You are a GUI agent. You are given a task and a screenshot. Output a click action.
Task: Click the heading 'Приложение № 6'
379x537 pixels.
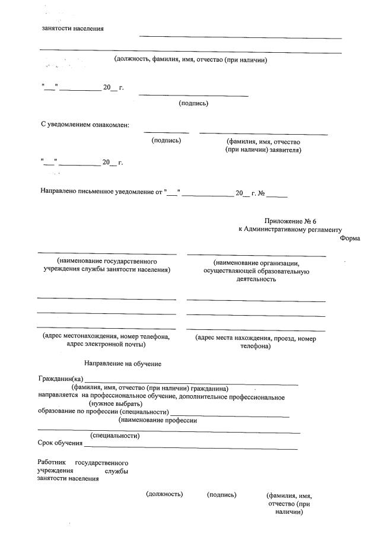click(x=295, y=221)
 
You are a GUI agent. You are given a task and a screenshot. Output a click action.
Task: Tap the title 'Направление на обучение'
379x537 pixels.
click(x=123, y=363)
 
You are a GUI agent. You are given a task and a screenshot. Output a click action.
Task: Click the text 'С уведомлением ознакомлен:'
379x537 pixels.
click(x=84, y=125)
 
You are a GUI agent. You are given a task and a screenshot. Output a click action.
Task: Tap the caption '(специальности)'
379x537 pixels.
click(x=114, y=436)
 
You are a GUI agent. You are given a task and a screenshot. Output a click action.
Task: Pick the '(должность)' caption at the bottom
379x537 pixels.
click(x=164, y=494)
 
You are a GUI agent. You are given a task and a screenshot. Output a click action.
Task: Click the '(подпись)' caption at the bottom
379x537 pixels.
click(x=222, y=494)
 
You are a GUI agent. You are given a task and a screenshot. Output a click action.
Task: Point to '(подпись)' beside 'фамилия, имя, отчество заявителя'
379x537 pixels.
click(x=167, y=141)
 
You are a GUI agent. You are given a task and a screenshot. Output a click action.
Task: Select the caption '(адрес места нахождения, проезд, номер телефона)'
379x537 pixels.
click(x=256, y=342)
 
